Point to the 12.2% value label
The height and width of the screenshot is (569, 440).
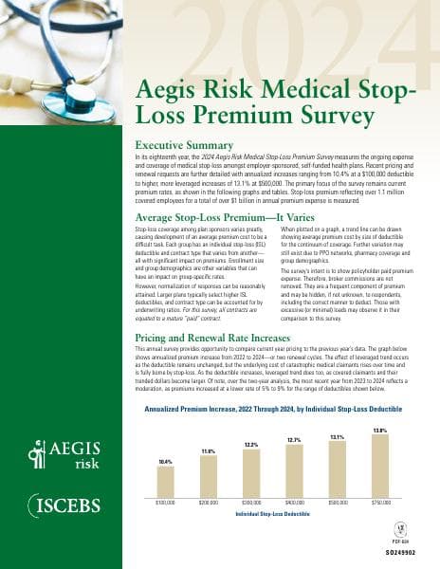(x=252, y=444)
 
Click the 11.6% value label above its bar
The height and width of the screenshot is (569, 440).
(x=210, y=450)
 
